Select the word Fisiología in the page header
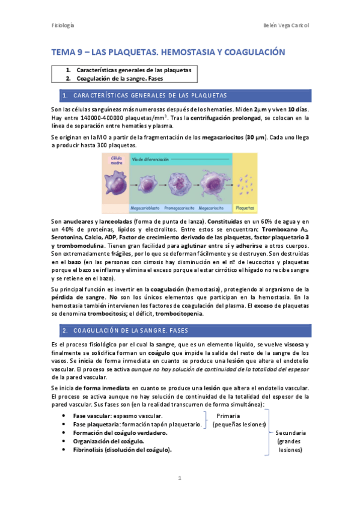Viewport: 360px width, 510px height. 62,25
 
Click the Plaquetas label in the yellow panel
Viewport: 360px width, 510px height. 245,208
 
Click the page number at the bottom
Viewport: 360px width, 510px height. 180,478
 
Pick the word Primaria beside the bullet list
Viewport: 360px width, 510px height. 228,416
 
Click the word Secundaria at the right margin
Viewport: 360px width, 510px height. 290,432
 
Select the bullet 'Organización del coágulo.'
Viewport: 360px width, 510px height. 108,441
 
